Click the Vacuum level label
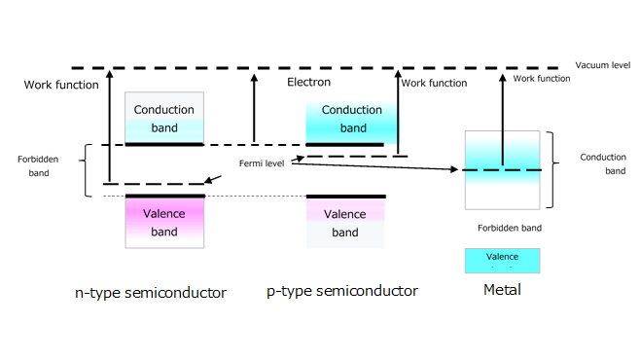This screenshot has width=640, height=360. point(603,64)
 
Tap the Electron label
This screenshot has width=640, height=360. point(309,83)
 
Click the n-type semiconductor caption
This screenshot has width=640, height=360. point(151,292)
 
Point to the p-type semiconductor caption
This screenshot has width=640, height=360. point(342,291)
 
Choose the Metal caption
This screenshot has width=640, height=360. point(502,290)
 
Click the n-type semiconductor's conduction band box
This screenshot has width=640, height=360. point(164,118)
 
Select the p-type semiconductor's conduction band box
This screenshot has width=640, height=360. point(345,119)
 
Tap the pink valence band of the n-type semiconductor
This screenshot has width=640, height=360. point(164,223)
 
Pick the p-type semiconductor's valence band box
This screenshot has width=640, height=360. point(345,223)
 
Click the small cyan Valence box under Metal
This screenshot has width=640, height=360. point(503,260)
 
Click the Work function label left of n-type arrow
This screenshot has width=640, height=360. point(61,85)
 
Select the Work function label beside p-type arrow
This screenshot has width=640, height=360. point(434,84)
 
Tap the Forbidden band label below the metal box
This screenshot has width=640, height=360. point(510,228)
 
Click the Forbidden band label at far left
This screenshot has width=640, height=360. point(40,165)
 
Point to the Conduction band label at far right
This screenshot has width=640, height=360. point(603,163)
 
